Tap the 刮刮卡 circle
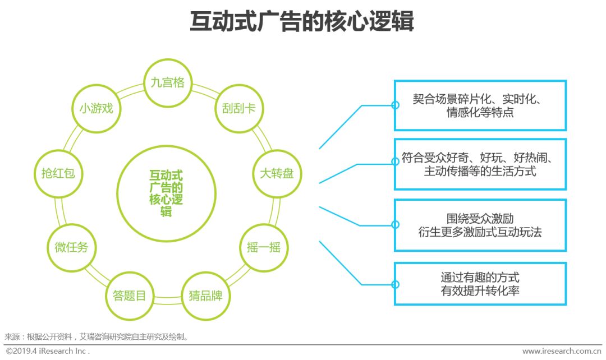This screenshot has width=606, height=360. (235, 108)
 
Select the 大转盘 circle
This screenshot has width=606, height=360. (277, 173)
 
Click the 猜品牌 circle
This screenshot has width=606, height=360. (205, 296)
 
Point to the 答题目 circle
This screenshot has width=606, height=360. (129, 296)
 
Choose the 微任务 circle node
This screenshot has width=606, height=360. (71, 247)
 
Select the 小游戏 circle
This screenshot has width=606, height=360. (95, 108)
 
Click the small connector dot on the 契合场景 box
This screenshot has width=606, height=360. (395, 105)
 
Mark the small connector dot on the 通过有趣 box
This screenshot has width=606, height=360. (395, 284)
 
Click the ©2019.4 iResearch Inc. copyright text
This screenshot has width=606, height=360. (47, 351)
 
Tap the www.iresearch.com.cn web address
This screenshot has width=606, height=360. (562, 351)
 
